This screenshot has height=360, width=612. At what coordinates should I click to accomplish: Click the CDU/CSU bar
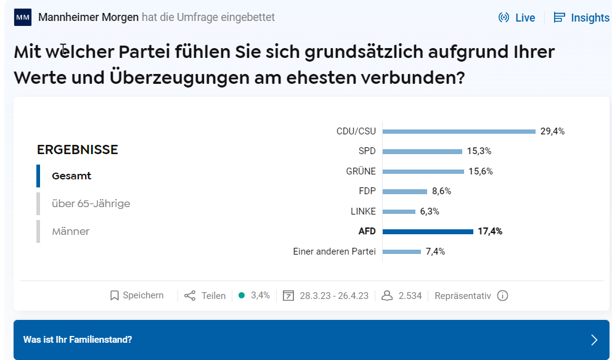pyautogui.click(x=459, y=131)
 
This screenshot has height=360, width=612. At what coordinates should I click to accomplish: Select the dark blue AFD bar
pyautogui.click(x=428, y=232)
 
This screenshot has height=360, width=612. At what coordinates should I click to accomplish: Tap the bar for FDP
pyautogui.click(x=405, y=192)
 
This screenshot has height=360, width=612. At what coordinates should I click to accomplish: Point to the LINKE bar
pyautogui.click(x=399, y=211)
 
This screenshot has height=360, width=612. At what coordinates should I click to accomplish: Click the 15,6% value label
pyautogui.click(x=481, y=171)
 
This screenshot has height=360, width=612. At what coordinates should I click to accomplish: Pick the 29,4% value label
pyautogui.click(x=552, y=131)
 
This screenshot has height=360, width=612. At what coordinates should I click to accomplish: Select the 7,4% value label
pyautogui.click(x=435, y=252)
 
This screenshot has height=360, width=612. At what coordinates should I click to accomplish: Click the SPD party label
pyautogui.click(x=367, y=151)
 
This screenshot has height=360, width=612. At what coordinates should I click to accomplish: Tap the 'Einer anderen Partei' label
pyautogui.click(x=334, y=252)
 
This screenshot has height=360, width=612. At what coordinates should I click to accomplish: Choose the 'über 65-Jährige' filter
pyautogui.click(x=91, y=203)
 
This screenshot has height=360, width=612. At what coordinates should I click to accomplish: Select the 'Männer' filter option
pyautogui.click(x=70, y=232)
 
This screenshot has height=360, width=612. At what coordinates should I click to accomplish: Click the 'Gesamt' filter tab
pyautogui.click(x=71, y=176)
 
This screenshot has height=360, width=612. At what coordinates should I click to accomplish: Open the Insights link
pyautogui.click(x=582, y=18)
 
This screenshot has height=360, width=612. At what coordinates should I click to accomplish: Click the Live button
pyautogui.click(x=517, y=18)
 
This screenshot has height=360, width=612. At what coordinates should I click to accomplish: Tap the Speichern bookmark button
pyautogui.click(x=137, y=296)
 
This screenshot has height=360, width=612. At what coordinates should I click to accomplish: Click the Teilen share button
pyautogui.click(x=205, y=296)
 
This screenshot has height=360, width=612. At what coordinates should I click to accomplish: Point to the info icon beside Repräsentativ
pyautogui.click(x=502, y=296)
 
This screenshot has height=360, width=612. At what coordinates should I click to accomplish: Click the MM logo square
pyautogui.click(x=23, y=17)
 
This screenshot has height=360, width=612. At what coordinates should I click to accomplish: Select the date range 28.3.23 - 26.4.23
pyautogui.click(x=333, y=296)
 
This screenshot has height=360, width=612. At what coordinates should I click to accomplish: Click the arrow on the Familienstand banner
pyautogui.click(x=594, y=340)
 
